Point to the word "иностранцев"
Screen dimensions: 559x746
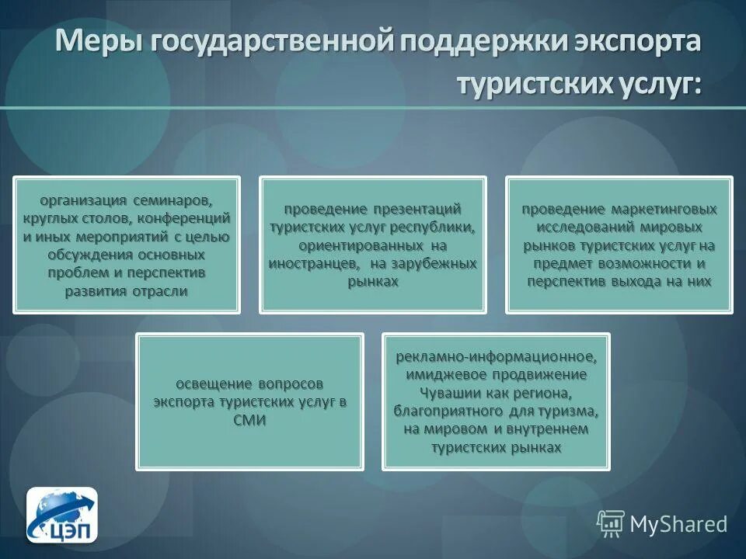[309, 264]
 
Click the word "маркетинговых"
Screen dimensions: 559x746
[663, 210]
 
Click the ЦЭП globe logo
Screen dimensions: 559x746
[62, 514]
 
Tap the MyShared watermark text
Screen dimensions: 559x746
[678, 524]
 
